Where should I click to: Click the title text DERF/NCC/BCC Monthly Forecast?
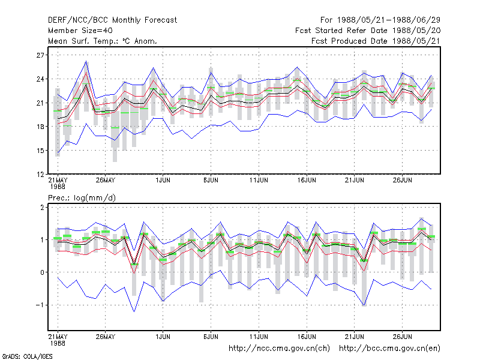(x=112, y=20)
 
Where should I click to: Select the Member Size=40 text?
(x=80, y=31)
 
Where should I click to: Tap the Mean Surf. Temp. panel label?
(x=103, y=41)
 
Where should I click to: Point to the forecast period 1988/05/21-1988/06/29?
(x=380, y=20)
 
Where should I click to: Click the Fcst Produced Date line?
(x=376, y=41)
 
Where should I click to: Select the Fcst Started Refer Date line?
(x=368, y=31)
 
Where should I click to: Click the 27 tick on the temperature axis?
(x=40, y=55)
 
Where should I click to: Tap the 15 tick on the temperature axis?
(x=40, y=151)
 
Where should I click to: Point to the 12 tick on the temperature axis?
(x=40, y=175)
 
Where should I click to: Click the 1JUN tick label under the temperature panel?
(x=163, y=180)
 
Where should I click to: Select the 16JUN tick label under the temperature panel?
(x=307, y=180)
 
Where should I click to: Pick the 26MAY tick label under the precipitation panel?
(x=106, y=337)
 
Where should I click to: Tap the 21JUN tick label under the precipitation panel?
(x=354, y=337)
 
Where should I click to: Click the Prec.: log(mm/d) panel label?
(x=82, y=198)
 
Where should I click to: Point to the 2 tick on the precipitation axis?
(x=42, y=208)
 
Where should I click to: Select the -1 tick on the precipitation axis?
(x=40, y=305)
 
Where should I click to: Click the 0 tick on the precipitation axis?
(x=42, y=272)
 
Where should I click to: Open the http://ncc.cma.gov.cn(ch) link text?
(x=279, y=349)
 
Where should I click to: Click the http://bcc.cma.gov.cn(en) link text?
(x=389, y=349)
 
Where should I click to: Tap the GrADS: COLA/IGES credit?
(x=27, y=356)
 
